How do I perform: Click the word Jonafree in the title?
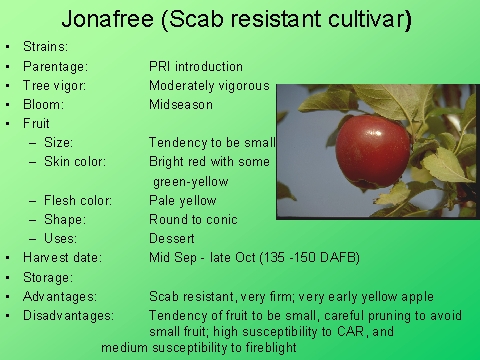106,19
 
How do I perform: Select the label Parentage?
58,66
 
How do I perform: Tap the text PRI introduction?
196,66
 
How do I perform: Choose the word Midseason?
181,104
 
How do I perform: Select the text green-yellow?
190,181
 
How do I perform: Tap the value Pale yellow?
184,200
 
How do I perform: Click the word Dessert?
172,238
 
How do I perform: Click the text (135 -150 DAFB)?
311,257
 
